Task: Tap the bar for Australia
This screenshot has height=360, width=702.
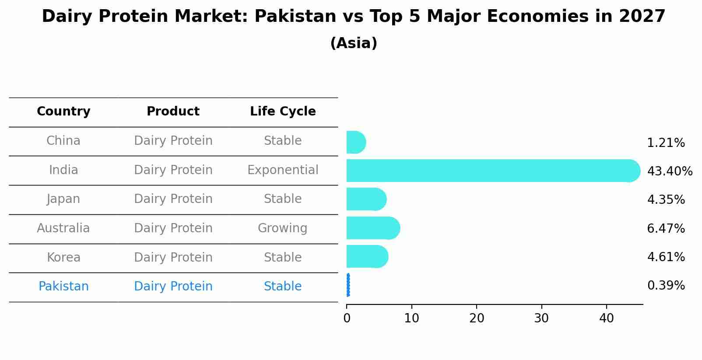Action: click(x=372, y=228)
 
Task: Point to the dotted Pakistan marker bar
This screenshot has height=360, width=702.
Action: click(x=348, y=285)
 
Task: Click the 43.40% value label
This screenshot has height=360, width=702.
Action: click(x=670, y=171)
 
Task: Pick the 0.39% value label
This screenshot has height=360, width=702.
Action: click(x=666, y=286)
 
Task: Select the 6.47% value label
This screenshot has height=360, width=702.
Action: click(x=666, y=228)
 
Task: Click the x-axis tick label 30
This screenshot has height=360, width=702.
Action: click(x=541, y=318)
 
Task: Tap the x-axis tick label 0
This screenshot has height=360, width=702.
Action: click(x=347, y=318)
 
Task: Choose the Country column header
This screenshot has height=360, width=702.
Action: click(x=63, y=112)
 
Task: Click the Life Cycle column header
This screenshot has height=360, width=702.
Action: click(x=283, y=112)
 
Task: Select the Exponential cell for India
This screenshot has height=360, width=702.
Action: click(x=283, y=170)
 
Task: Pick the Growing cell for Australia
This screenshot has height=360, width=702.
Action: click(x=283, y=228)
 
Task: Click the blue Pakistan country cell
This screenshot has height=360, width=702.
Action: click(x=63, y=287)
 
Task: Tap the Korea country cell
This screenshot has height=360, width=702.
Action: click(x=63, y=258)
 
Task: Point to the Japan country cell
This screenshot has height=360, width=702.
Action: click(x=63, y=199)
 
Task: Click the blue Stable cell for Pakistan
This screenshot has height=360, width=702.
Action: click(x=283, y=287)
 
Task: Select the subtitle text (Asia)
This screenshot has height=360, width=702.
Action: click(x=354, y=43)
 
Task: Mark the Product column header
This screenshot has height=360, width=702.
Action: click(x=173, y=112)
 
